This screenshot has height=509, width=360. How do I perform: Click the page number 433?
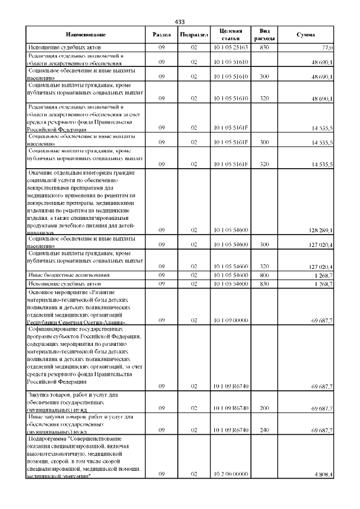[180, 21]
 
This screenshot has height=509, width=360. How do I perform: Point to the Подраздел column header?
[193, 35]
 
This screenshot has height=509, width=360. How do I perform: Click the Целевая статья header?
[231, 34]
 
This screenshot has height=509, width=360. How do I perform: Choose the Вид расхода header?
[267, 34]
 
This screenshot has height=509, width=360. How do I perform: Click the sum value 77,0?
[328, 48]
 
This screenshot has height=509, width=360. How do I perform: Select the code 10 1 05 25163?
[231, 48]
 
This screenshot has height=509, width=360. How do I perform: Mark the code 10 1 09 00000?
[231, 321]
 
